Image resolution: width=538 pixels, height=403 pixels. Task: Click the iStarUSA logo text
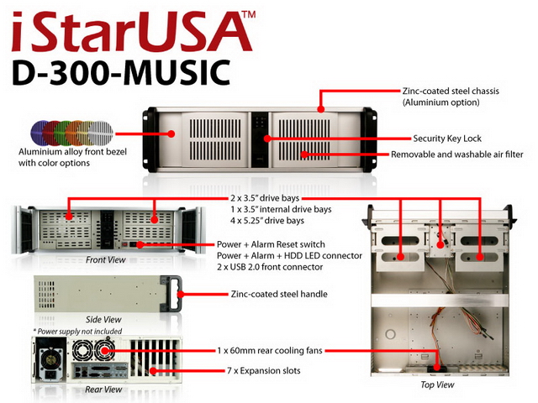(x=133, y=32)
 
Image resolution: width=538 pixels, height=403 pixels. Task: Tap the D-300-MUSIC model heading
(x=121, y=72)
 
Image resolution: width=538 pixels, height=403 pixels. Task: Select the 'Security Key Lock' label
(x=447, y=139)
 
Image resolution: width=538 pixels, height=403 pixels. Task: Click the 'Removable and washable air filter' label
(x=457, y=154)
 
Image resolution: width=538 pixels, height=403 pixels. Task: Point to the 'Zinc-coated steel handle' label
(x=279, y=294)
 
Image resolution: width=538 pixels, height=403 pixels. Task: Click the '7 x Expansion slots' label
(x=263, y=370)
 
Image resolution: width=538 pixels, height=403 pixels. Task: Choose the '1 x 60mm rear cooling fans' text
(x=270, y=351)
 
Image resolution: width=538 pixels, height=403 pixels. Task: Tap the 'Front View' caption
(x=106, y=259)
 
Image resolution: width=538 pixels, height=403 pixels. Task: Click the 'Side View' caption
(x=103, y=319)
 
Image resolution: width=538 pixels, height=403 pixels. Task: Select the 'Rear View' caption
(x=103, y=390)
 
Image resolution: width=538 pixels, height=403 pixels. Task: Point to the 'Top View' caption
(x=437, y=385)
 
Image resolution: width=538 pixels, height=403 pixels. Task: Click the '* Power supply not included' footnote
(x=77, y=332)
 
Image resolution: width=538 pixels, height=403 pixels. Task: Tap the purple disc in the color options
(x=40, y=133)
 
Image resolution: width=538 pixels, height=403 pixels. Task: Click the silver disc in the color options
(x=101, y=133)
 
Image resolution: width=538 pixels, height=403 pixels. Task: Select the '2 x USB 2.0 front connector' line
(x=270, y=267)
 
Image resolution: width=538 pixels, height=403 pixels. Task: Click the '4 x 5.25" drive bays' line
(x=267, y=220)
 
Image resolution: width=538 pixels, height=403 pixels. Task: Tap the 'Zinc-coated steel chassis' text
(x=451, y=92)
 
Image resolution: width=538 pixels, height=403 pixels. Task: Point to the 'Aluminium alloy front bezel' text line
(x=72, y=152)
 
